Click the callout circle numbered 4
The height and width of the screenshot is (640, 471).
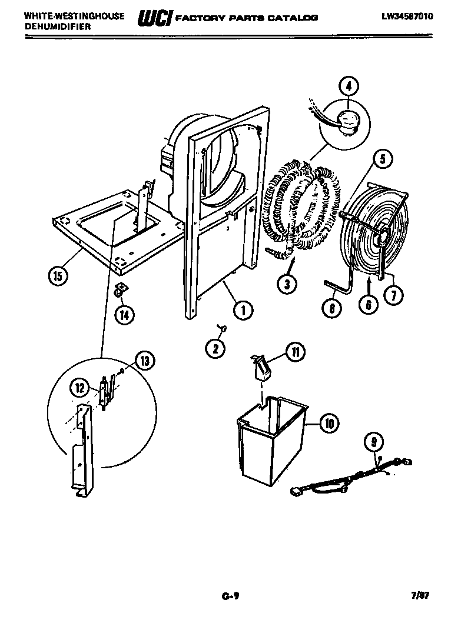(349, 86)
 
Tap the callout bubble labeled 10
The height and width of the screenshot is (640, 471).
(329, 422)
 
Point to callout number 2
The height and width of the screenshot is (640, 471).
(215, 348)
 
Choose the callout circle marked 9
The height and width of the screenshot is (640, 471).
(372, 440)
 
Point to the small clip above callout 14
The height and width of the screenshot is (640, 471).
(120, 289)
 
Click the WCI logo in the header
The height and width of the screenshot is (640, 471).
(154, 18)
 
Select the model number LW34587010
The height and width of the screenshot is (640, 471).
(407, 16)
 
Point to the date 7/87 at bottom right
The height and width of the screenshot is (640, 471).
(420, 596)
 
